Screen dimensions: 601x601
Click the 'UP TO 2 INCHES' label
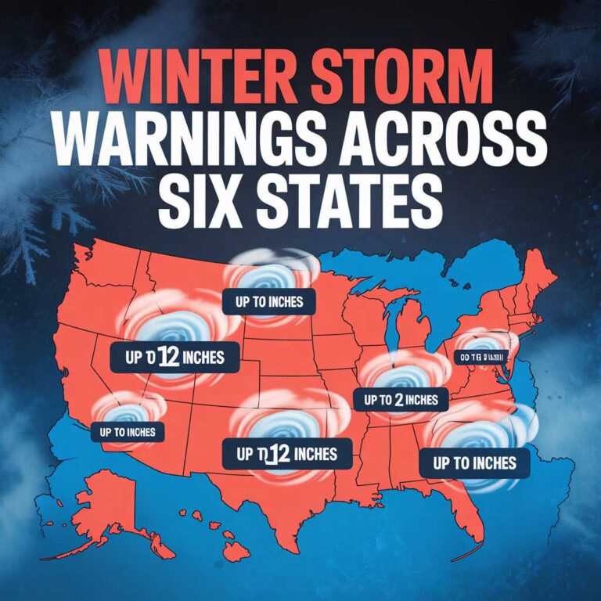(x=401, y=400)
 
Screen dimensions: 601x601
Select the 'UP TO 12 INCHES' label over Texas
(x=280, y=453)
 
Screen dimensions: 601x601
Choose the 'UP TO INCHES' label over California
(x=128, y=431)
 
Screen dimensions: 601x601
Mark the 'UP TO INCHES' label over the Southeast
(x=474, y=462)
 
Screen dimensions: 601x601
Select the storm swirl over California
(x=125, y=410)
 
